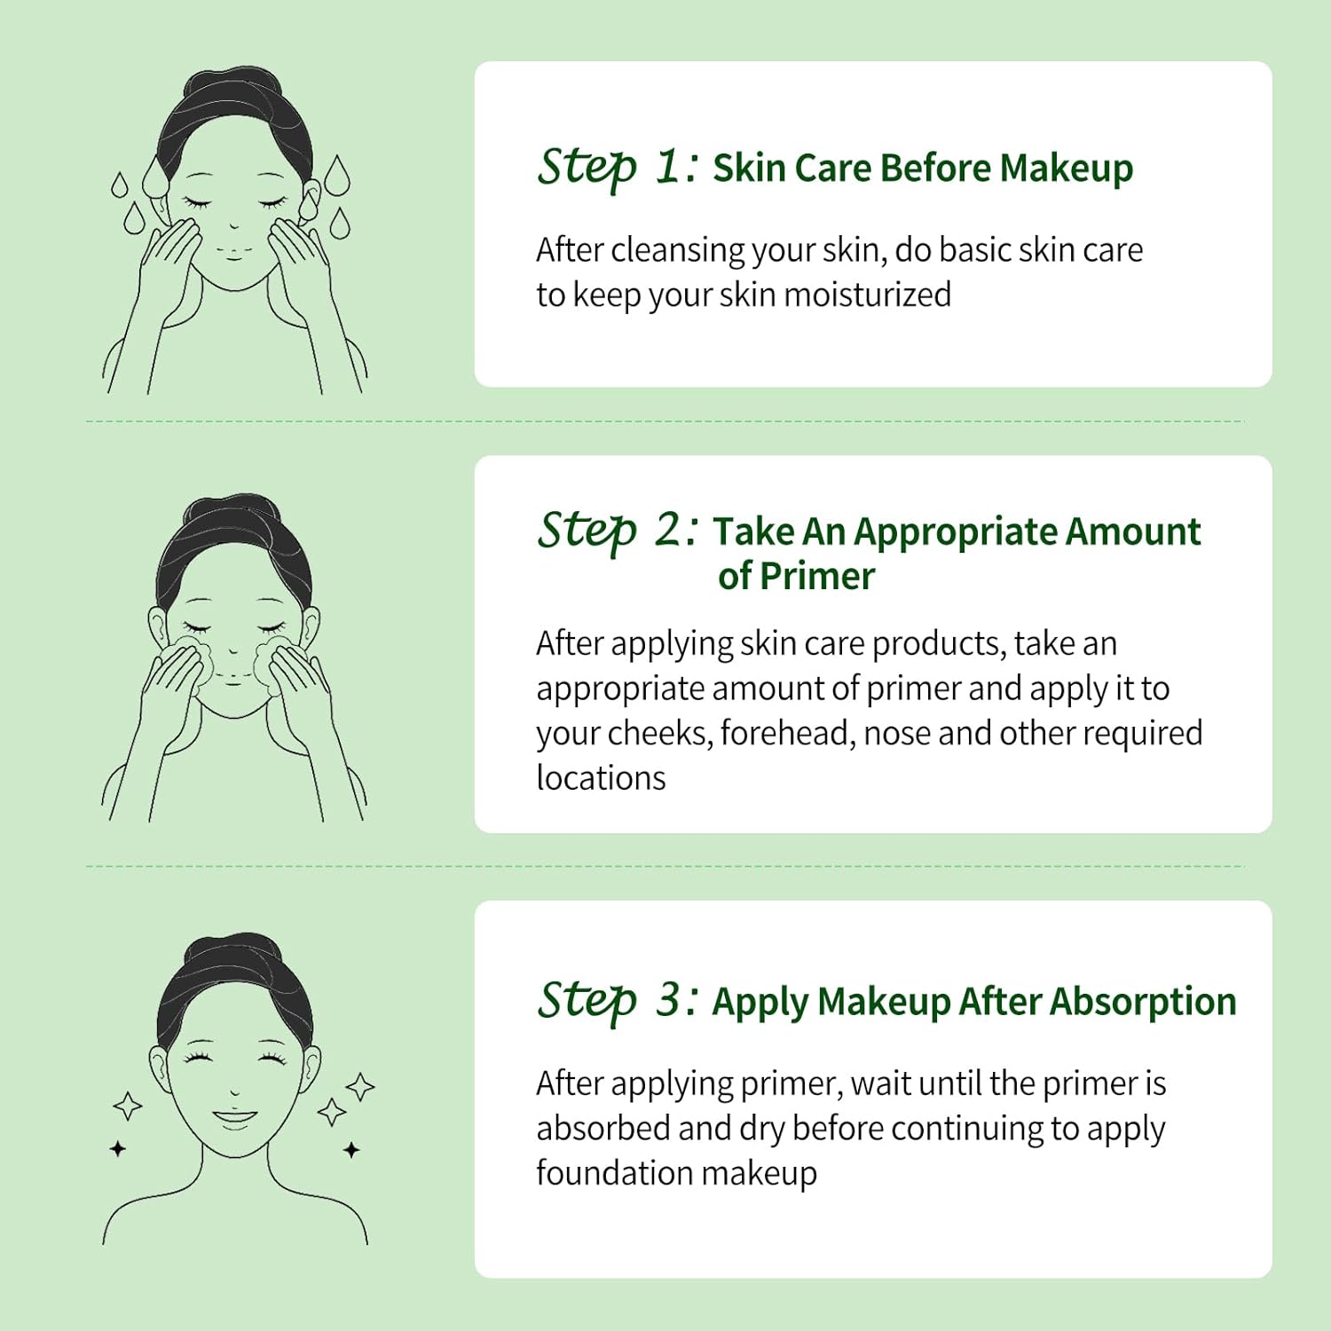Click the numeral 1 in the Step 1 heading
pos(669,166)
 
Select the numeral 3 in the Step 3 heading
pos(669,1000)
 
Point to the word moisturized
pos(868,295)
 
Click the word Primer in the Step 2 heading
pos(817,577)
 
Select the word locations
pos(601,777)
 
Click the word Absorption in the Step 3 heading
pos(1143,1003)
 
